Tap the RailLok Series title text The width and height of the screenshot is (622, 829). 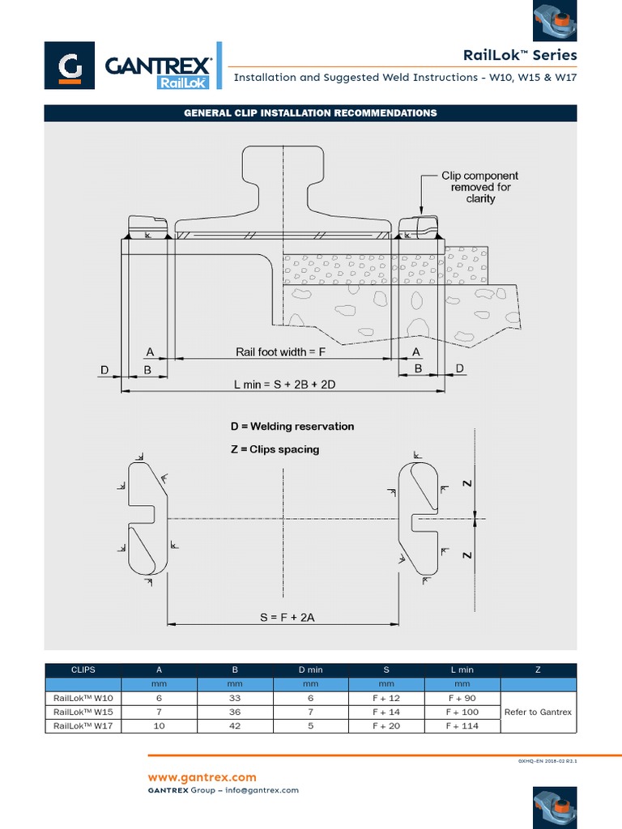(x=520, y=55)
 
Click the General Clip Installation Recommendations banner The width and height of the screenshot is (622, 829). (x=310, y=113)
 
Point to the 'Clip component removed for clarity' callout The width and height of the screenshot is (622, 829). (x=479, y=187)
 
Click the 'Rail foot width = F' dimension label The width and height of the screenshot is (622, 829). (x=280, y=351)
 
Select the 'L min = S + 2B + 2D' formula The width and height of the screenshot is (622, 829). (x=284, y=385)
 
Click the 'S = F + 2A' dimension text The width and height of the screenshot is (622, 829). (x=287, y=617)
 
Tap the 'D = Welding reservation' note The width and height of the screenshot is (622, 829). (x=292, y=426)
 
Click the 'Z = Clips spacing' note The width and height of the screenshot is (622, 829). (x=275, y=449)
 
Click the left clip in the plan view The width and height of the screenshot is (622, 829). (x=147, y=517)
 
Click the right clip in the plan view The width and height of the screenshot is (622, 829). (x=420, y=518)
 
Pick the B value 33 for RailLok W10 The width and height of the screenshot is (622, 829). (x=235, y=698)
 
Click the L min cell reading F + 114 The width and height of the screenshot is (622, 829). (x=462, y=726)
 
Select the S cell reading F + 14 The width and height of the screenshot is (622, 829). (x=386, y=712)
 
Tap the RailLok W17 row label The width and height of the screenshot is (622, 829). (x=83, y=726)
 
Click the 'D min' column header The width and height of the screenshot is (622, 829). (x=310, y=670)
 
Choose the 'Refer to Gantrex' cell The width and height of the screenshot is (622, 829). (x=538, y=712)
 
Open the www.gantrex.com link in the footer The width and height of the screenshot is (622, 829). (x=202, y=777)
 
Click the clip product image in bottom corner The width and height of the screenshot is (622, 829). (x=555, y=806)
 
